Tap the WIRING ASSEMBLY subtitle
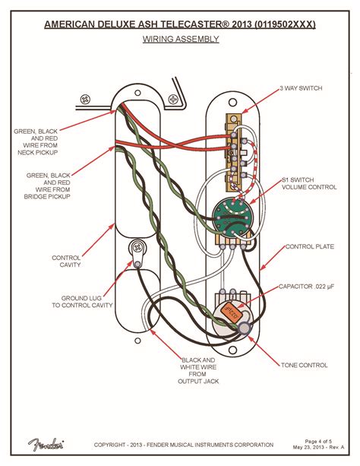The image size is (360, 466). pyautogui.click(x=180, y=39)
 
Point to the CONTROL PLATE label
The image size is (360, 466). pyautogui.click(x=308, y=247)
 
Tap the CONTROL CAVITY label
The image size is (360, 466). pyautogui.click(x=66, y=263)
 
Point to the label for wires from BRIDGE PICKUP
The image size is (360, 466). pyautogui.click(x=47, y=184)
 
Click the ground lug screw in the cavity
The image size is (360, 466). pyautogui.click(x=137, y=247)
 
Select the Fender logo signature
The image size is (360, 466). pyautogui.click(x=47, y=445)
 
